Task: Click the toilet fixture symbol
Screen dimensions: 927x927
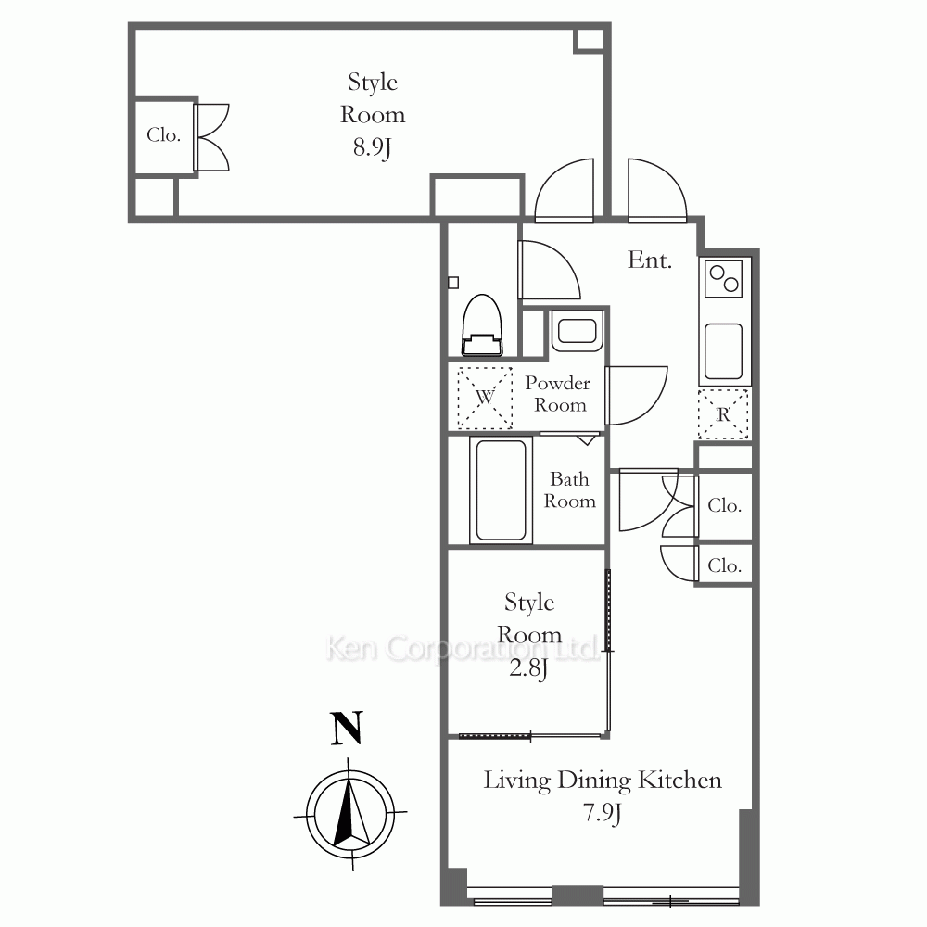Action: point(482,325)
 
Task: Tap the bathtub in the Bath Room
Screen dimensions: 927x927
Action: point(501,490)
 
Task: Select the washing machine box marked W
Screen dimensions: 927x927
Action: point(485,398)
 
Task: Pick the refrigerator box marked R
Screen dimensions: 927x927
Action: point(724,413)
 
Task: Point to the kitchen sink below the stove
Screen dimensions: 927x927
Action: point(724,351)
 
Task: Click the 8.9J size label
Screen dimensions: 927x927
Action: point(373,147)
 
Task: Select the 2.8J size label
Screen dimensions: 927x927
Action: point(529,668)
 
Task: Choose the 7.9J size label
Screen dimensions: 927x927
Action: point(603,814)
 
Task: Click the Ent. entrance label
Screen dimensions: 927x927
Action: point(650,260)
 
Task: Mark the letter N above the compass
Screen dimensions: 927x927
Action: point(347,729)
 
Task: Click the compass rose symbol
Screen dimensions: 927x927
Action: point(350,814)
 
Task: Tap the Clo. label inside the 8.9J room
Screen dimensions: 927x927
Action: point(164,135)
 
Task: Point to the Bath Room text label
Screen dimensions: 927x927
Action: point(569,490)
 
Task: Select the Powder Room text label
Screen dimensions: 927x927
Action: point(558,394)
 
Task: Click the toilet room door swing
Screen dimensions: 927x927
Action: point(550,270)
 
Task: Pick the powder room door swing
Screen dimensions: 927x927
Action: point(636,396)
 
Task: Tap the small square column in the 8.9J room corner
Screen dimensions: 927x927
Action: point(590,39)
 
